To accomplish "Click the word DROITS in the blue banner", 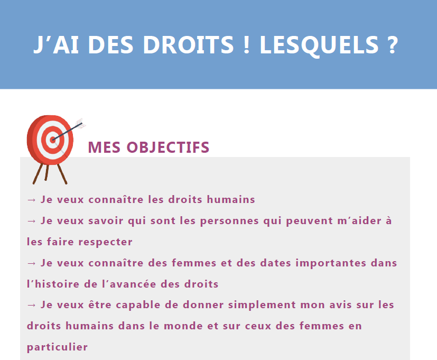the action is [188, 44].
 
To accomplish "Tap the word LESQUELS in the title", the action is [319, 45].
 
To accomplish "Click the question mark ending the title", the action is [393, 44].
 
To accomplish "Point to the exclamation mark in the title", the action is [246, 44].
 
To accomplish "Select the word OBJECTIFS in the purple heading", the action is [168, 147].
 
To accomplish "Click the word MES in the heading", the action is [104, 147].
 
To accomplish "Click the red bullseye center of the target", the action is [53, 140].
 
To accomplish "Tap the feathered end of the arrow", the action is [81, 123].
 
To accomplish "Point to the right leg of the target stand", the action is [62, 174].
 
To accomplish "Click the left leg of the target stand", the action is [38, 174].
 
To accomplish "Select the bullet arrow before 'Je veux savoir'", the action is [32, 221].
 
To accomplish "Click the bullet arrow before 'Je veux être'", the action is [32, 305].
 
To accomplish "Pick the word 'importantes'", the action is [331, 263].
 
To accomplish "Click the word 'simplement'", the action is [262, 305].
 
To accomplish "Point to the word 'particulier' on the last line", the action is [57, 347].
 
